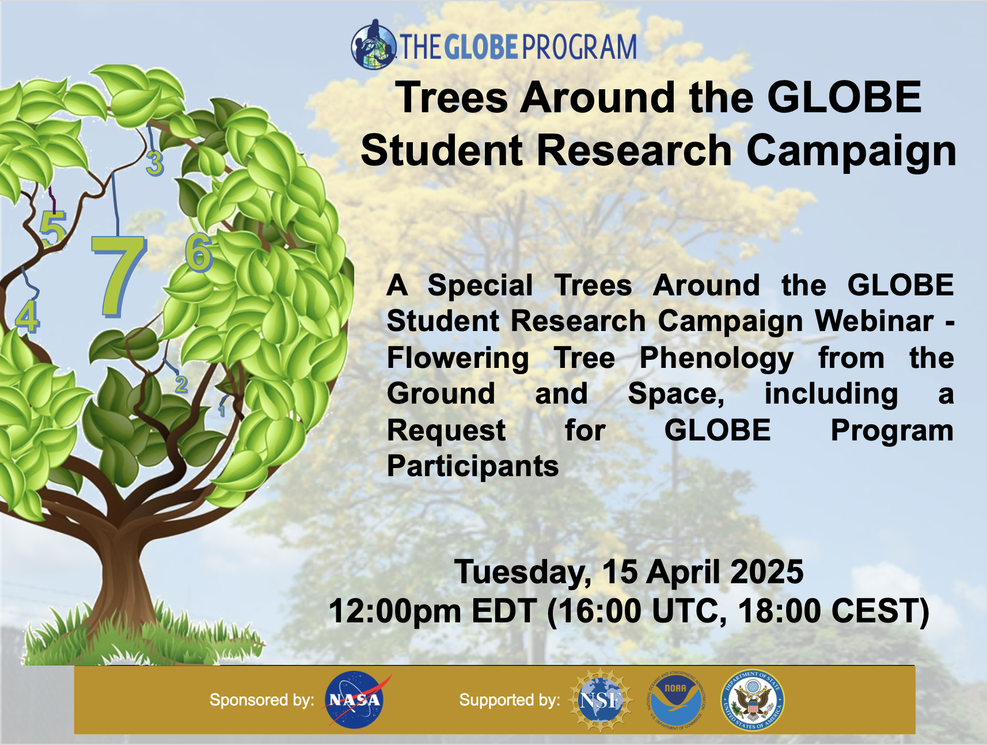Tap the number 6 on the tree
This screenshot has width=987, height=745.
[x=199, y=252]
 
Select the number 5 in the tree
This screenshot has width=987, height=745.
[x=53, y=229]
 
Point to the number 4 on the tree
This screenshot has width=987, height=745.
[x=27, y=316]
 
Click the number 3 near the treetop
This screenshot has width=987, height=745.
[x=155, y=163]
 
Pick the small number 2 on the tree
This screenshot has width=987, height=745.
[x=181, y=384]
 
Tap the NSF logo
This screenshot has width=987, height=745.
[x=601, y=700]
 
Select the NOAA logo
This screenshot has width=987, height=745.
[x=675, y=700]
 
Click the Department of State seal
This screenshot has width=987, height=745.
[x=753, y=700]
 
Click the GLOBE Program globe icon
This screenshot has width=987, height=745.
[x=373, y=44]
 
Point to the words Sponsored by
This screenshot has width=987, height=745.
[x=262, y=700]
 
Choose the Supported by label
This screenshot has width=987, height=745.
[x=510, y=700]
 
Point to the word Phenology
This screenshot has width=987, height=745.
[x=716, y=359]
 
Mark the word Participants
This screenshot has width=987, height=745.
[x=473, y=466]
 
